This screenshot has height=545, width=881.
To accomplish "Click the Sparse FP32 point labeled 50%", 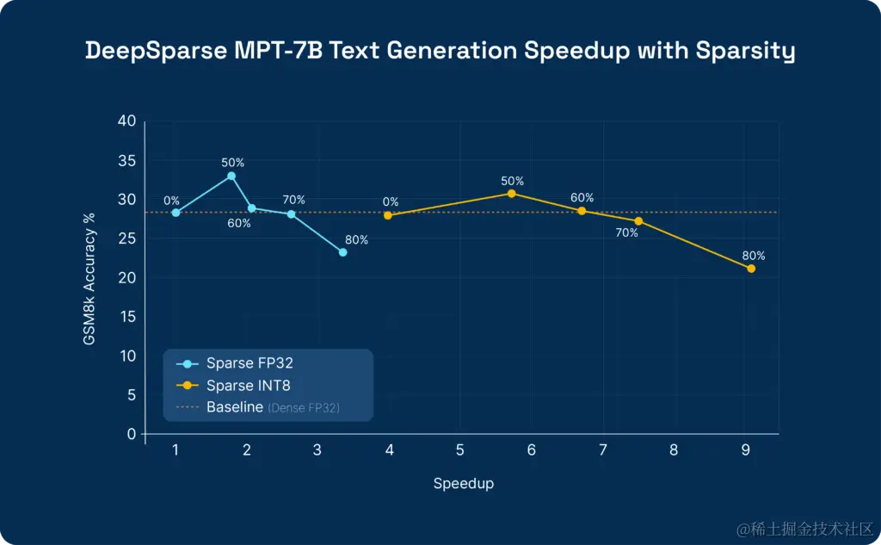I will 231,176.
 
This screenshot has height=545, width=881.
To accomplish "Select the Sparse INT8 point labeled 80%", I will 751,269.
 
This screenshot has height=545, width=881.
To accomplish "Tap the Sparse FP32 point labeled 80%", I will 342,252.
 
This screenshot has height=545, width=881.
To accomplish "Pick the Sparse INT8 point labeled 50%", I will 512,194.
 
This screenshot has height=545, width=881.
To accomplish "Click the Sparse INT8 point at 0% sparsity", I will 388,215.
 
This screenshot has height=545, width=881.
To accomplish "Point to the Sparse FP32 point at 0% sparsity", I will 176,213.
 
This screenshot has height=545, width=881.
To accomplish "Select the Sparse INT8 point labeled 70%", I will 638,221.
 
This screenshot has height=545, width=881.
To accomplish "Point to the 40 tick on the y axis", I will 126,121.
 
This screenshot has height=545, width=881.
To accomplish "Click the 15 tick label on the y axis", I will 127,317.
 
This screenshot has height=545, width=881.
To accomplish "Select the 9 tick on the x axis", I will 745,450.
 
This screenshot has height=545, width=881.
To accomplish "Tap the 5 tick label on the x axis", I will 460,450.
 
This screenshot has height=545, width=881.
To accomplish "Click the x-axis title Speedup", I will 463,484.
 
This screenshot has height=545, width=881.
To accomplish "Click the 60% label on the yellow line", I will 582,197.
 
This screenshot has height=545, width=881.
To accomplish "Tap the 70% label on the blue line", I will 294,200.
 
